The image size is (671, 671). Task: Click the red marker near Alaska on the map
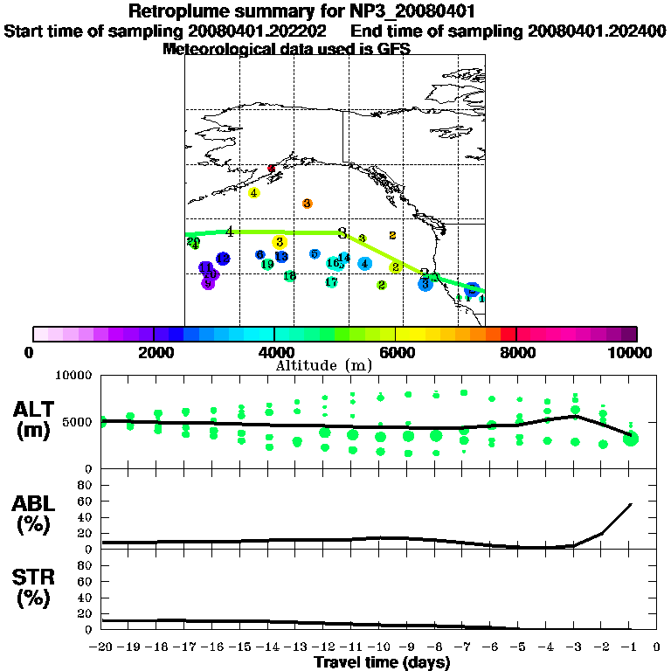[272, 168]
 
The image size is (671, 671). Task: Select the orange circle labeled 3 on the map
[308, 204]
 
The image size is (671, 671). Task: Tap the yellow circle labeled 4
[253, 193]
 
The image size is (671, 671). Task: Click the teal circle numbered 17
[331, 282]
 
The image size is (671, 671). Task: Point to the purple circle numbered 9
[208, 283]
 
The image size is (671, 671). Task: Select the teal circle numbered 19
[267, 264]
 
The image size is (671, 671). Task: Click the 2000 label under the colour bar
[153, 353]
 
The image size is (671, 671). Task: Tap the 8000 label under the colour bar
[516, 353]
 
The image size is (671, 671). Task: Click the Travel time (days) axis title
[382, 663]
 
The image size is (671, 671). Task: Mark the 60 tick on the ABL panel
[86, 501]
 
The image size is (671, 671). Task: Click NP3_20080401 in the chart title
[415, 11]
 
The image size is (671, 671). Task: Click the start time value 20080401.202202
[258, 31]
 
